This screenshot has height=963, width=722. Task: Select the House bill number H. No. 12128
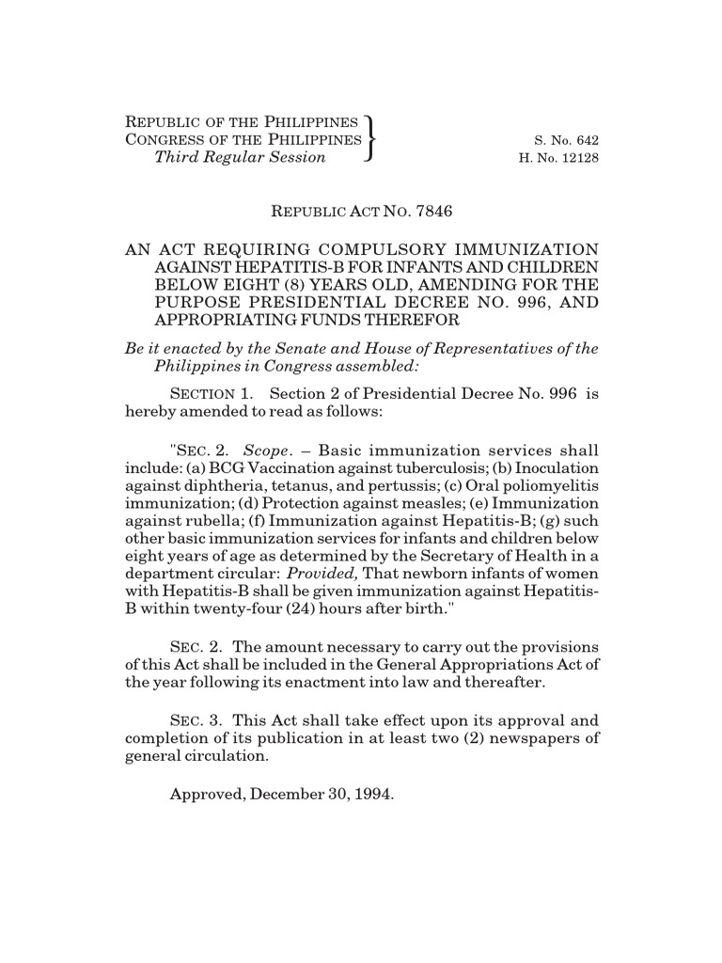558,158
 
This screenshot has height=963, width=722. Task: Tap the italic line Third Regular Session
240,157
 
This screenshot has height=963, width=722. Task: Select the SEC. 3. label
196,718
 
